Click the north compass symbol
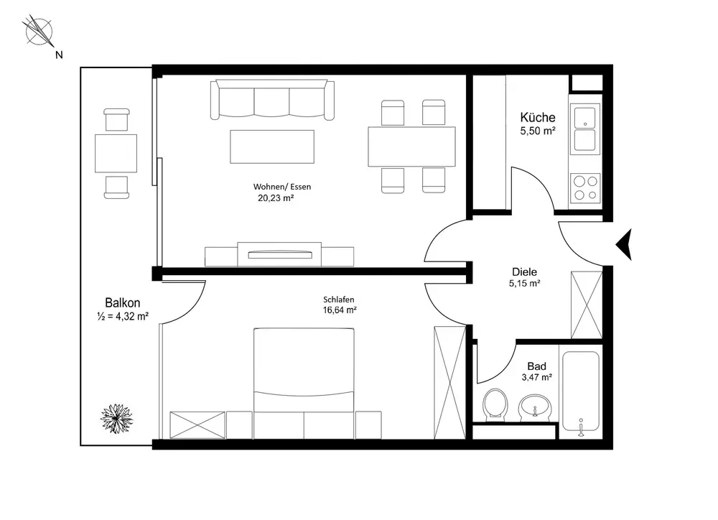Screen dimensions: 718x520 (39, 32)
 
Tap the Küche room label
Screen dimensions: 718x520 (538, 117)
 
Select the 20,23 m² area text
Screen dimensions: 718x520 (276, 198)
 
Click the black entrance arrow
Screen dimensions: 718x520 (624, 244)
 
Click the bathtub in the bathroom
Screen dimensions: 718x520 (581, 391)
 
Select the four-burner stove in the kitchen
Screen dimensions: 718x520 (585, 188)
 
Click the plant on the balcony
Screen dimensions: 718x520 (117, 418)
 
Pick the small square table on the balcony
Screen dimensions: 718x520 (116, 154)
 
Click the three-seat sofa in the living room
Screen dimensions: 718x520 (272, 100)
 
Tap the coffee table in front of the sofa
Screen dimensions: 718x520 (272, 147)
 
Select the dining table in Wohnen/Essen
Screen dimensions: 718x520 (411, 147)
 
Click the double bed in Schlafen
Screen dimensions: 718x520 (304, 383)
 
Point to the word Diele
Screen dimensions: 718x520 (524, 271)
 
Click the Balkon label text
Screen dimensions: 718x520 (123, 303)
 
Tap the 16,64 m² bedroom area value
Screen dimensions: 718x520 (340, 310)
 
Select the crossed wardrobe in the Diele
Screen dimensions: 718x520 (587, 305)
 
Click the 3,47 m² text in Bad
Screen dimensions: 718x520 (536, 378)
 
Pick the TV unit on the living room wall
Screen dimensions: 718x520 (279, 254)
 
